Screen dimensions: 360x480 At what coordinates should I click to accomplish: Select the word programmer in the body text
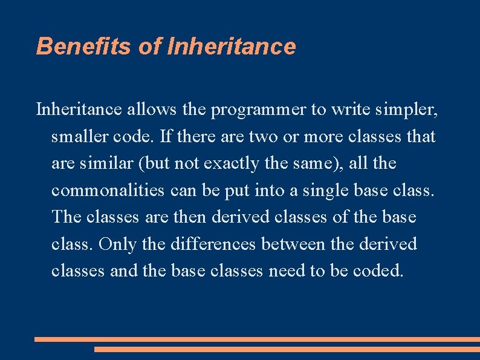click(x=256, y=110)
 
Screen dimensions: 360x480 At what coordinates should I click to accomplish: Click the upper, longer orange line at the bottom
click(x=257, y=339)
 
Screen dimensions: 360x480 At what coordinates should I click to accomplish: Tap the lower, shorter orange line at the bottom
click(x=287, y=349)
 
